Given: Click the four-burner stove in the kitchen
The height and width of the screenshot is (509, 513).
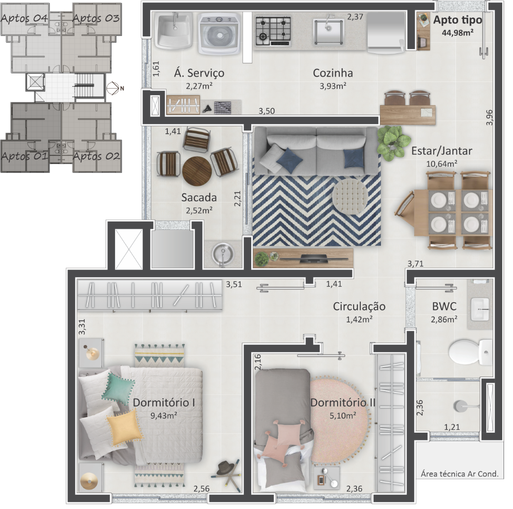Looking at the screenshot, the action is [273, 31].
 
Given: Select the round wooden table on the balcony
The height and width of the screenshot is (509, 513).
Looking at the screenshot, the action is [197, 171].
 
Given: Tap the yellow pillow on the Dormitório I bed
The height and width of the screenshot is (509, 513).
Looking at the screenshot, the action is [124, 428].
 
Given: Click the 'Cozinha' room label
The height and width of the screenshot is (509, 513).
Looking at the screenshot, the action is [333, 73].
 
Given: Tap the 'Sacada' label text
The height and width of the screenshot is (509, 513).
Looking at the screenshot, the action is [199, 197].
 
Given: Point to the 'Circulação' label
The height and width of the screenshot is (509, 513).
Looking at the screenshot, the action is [359, 306].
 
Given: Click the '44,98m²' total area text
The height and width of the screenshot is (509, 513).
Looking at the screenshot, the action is [458, 33].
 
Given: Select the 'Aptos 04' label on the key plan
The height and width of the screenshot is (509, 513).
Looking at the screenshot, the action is [24, 18].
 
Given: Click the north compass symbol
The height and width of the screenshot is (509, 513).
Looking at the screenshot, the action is [113, 88].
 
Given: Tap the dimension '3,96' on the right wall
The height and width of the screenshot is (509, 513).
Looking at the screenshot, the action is [489, 117].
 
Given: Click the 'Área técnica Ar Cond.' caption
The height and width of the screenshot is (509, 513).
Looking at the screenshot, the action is [459, 474].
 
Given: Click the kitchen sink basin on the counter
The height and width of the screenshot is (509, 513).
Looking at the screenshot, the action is [329, 31].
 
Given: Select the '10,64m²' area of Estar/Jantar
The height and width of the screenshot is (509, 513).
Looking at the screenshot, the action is [441, 164].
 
